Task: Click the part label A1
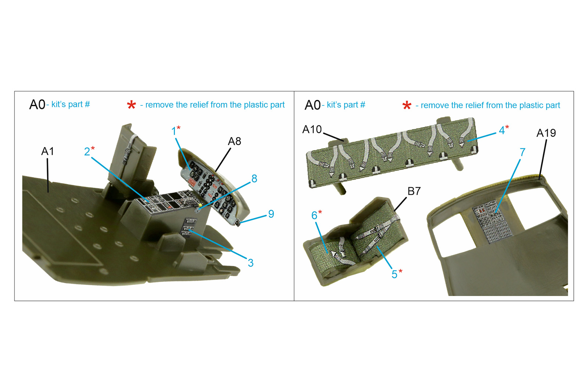(x=47, y=151)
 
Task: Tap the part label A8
(x=234, y=141)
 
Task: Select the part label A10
(x=312, y=129)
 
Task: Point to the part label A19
(x=546, y=133)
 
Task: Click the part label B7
(x=414, y=191)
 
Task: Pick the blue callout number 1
(x=173, y=131)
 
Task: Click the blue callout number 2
(x=87, y=152)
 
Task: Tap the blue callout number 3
(x=250, y=263)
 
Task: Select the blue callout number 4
(x=502, y=130)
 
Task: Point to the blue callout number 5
(x=394, y=274)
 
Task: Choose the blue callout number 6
(x=314, y=215)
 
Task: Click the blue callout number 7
(x=522, y=152)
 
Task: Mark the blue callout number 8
(x=254, y=179)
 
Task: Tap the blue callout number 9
(x=271, y=214)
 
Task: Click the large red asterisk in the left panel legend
(x=131, y=105)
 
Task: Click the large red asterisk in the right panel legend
(x=406, y=105)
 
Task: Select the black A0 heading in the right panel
(x=312, y=105)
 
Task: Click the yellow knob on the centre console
(x=200, y=205)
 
